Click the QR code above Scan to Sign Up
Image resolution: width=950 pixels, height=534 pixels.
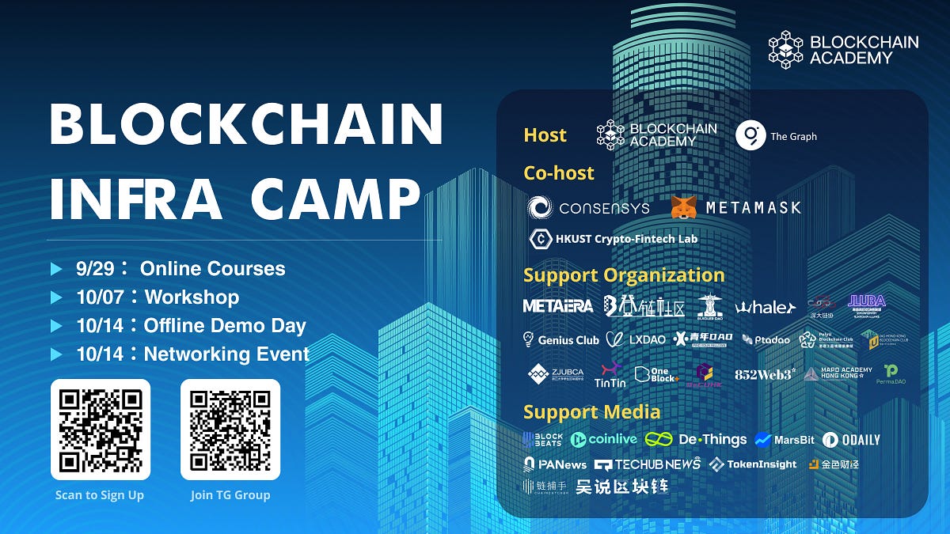pyautogui.click(x=100, y=430)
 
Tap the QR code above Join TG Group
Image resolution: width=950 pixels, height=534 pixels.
pyautogui.click(x=230, y=430)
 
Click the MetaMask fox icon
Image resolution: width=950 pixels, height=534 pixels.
pyautogui.click(x=683, y=207)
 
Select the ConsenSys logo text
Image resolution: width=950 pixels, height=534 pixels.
pyautogui.click(x=603, y=208)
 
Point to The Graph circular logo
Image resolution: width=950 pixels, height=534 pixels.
pyautogui.click(x=750, y=136)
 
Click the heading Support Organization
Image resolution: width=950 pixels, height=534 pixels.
pyautogui.click(x=624, y=275)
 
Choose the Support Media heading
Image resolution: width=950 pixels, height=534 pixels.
pyautogui.click(x=591, y=411)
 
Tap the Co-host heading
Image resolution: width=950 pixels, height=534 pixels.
pyautogui.click(x=559, y=172)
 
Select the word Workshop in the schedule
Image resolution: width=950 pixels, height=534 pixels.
pyautogui.click(x=192, y=297)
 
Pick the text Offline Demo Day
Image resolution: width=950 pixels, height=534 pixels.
pyautogui.click(x=225, y=326)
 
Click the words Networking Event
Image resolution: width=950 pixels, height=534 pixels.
pyautogui.click(x=226, y=354)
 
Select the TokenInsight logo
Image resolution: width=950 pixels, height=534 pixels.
pyautogui.click(x=753, y=464)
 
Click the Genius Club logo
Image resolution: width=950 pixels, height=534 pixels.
pyautogui.click(x=561, y=339)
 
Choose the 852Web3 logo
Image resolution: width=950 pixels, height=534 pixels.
pyautogui.click(x=764, y=374)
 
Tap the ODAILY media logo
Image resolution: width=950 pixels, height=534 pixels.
pyautogui.click(x=851, y=440)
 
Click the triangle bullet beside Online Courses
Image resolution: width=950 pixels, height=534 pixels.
pyautogui.click(x=56, y=269)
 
